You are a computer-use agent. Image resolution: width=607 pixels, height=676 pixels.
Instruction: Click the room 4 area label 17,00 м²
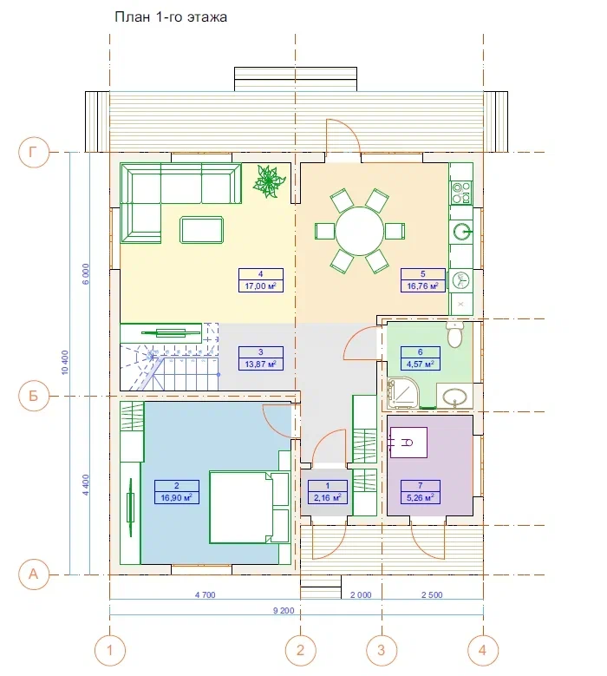coord(261,280)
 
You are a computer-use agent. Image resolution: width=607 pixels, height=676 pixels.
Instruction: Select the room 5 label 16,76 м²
coord(422,280)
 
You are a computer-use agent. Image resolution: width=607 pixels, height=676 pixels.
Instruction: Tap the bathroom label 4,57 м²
coord(420,358)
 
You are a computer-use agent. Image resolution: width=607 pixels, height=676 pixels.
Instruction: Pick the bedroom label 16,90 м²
coord(177,492)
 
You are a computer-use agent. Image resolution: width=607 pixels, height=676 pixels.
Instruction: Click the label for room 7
coord(420,492)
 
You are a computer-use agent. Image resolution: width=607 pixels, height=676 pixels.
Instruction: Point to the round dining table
coord(359,231)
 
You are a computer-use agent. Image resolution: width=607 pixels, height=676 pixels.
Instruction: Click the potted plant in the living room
coord(270,181)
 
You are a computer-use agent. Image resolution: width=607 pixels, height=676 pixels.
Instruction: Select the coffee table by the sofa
coord(202,230)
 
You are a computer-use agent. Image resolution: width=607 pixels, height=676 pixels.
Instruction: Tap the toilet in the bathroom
coord(455,334)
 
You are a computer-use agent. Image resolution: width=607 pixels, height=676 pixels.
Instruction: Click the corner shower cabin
coord(403,393)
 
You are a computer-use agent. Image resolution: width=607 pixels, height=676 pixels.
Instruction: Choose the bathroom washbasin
coord(455,396)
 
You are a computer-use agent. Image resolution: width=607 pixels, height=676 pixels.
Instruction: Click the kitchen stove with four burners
coord(461,193)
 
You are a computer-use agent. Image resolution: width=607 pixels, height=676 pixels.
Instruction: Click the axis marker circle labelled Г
coord(33,152)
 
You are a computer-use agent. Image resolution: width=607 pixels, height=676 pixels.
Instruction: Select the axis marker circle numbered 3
coord(382,650)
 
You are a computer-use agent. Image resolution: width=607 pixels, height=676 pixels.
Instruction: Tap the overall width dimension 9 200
coord(284,610)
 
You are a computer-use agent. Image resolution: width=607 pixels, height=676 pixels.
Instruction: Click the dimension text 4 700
coord(205,595)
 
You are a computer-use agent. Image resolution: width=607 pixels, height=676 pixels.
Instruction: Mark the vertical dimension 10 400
coord(65,362)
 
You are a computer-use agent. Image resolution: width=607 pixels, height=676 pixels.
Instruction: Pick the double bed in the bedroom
coord(249,507)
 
